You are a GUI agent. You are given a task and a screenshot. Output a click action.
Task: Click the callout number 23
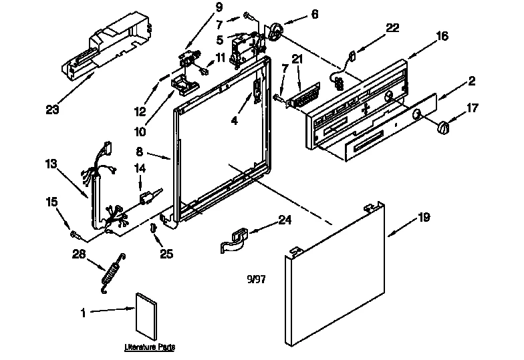coord(53,110)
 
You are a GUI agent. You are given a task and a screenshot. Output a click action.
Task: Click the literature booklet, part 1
coord(145,316)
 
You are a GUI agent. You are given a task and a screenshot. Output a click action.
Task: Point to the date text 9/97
coord(256,279)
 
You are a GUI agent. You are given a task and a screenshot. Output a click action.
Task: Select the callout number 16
coord(442,37)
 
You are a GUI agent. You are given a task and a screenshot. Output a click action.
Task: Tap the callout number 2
coord(471,81)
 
